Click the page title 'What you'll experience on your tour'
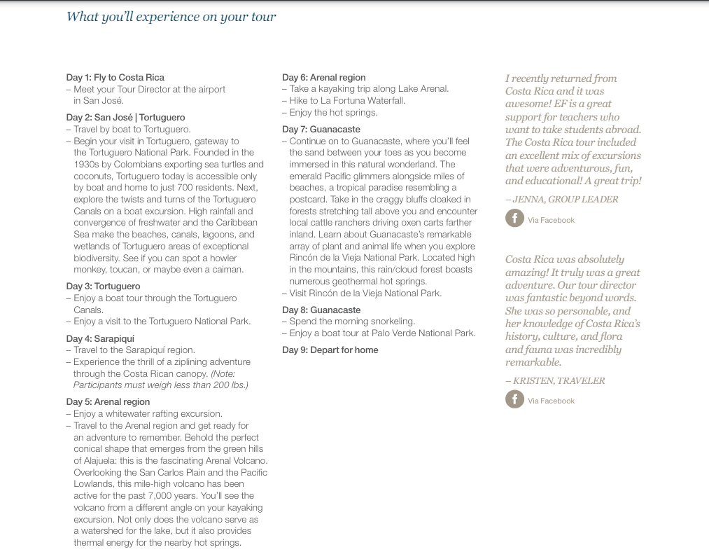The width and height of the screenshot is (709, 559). coord(171,17)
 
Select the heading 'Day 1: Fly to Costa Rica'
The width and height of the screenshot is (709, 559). coord(115,77)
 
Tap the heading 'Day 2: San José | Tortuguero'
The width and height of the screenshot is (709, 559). coord(126,117)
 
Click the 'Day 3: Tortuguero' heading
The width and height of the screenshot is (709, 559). coord(103,286)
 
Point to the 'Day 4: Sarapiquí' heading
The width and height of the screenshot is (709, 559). coord(100,338)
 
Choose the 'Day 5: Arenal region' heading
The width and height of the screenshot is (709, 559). coord(108,401)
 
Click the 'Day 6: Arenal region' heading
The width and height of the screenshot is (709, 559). coord(323,77)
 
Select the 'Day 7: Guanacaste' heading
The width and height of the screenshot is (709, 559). coord(321,130)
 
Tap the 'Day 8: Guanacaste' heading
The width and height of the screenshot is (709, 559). coord(321,310)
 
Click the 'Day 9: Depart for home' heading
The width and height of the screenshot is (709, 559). coord(330,350)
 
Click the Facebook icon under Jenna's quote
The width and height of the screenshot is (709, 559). coord(514,219)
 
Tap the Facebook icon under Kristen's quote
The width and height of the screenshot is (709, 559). coord(514,399)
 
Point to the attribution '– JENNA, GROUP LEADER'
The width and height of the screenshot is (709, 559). coord(561,199)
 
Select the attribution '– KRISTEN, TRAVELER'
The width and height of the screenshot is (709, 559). coord(555,380)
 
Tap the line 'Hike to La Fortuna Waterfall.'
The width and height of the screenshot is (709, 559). coord(347,100)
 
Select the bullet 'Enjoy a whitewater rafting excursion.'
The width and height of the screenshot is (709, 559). coord(148,413)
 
